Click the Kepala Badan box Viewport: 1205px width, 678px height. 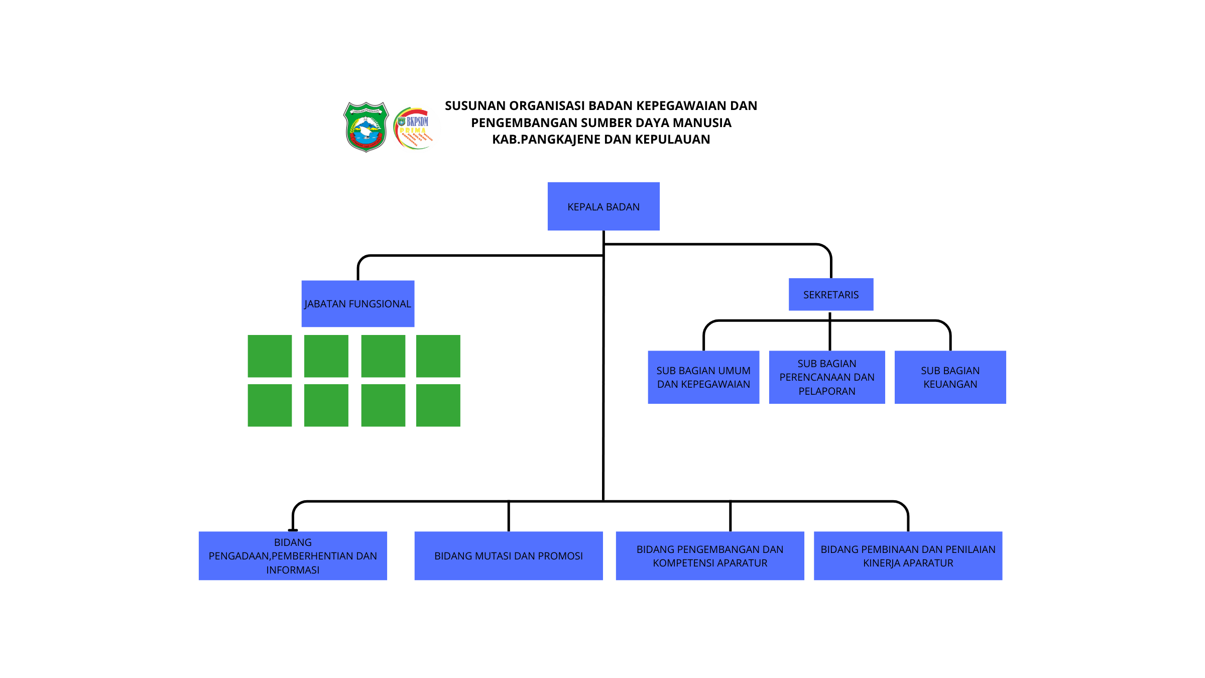pyautogui.click(x=604, y=206)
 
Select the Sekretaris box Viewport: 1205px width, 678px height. pyautogui.click(x=831, y=295)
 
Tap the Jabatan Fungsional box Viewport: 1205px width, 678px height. pyautogui.click(x=358, y=304)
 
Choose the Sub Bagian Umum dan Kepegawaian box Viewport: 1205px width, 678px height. pyautogui.click(x=703, y=377)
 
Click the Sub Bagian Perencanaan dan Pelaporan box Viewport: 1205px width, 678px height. pyautogui.click(x=827, y=377)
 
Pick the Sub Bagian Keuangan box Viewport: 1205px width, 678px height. pyautogui.click(x=950, y=377)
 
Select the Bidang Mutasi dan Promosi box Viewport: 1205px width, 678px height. pyautogui.click(x=509, y=556)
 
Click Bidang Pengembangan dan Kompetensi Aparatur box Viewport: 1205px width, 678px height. pyautogui.click(x=710, y=556)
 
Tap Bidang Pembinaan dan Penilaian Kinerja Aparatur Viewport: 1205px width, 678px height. pyautogui.click(x=908, y=556)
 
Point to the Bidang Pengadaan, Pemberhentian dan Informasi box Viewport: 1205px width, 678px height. pyautogui.click(x=293, y=556)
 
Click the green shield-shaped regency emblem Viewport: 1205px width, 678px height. pyautogui.click(x=367, y=127)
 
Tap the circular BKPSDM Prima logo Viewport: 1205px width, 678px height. pyautogui.click(x=414, y=128)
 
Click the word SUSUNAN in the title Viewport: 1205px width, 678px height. pyautogui.click(x=474, y=106)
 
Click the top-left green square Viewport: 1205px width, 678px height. pyautogui.click(x=270, y=356)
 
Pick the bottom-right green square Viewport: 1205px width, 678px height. pyautogui.click(x=438, y=405)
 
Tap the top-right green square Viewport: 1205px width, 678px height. pyautogui.click(x=438, y=356)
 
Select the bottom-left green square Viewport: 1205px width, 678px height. pyautogui.click(x=270, y=405)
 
